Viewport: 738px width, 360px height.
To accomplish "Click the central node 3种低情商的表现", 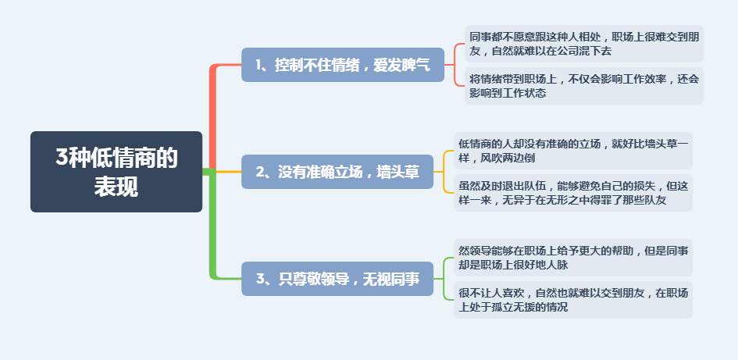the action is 116,172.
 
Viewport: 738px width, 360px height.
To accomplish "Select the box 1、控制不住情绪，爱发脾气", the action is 343,65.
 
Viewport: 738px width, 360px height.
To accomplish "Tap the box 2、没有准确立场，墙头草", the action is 337,172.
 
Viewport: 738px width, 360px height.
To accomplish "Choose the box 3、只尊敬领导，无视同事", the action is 337,279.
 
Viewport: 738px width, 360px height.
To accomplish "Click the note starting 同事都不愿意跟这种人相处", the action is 584,44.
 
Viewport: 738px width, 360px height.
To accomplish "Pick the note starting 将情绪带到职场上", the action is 584,86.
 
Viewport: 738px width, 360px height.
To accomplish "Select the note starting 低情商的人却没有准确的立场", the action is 573,151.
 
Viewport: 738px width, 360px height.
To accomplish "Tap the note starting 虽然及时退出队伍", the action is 573,193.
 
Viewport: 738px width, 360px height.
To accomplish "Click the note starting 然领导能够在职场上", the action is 573,258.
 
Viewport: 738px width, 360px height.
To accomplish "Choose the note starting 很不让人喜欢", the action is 573,300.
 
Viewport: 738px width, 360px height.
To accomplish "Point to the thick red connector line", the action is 212,118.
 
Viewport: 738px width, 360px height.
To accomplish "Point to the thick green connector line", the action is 212,226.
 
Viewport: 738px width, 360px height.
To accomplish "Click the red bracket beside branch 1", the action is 455,65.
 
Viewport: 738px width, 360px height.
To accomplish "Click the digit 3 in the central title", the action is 62,158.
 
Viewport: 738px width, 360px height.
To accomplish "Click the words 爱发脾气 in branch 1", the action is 401,66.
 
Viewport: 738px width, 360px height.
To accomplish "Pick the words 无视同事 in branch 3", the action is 391,279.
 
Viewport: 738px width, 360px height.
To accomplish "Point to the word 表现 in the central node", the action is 116,187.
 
